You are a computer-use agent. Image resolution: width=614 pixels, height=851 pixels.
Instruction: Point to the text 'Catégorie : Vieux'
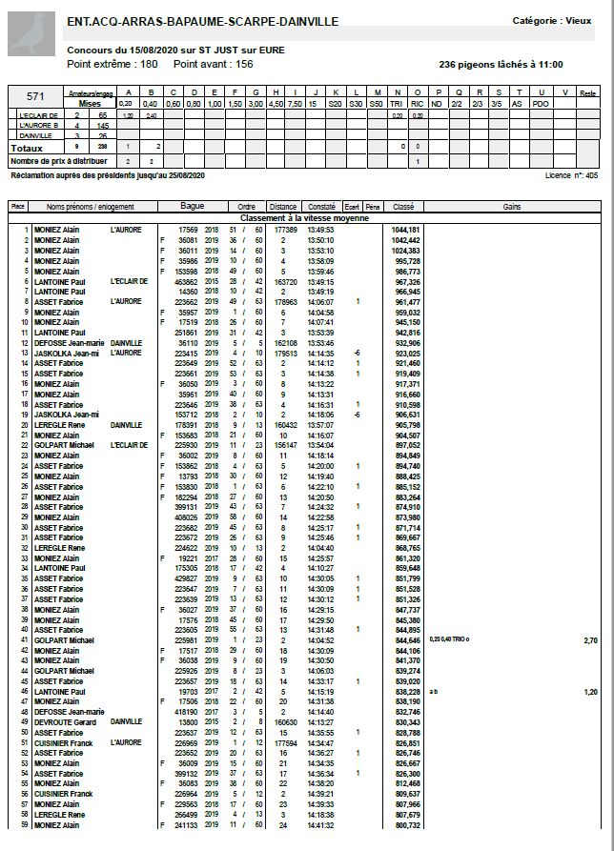coord(552,20)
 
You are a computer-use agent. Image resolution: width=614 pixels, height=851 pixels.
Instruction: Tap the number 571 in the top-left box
coord(35,96)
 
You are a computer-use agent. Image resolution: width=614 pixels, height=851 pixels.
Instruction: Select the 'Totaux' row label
coord(28,149)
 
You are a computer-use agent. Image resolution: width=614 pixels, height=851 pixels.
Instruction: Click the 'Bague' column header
coord(192,206)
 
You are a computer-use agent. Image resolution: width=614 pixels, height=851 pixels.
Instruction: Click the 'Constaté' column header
coord(321,206)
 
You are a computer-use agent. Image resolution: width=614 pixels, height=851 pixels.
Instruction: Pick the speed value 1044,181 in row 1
coord(406,230)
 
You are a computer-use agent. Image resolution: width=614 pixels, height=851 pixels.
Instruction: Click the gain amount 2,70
coord(590,640)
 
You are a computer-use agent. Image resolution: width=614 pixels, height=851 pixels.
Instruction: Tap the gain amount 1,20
coord(590,692)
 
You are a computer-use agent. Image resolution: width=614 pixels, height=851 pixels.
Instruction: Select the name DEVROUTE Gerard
coord(64,723)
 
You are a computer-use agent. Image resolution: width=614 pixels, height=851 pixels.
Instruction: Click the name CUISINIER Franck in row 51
coord(63,742)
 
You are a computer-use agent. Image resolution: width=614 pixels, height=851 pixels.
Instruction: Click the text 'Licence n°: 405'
coord(571,176)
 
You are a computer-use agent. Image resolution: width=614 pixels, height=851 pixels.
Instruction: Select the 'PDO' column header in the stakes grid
coord(541,103)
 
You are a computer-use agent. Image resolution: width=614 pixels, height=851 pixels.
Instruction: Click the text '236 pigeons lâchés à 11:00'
coord(501,64)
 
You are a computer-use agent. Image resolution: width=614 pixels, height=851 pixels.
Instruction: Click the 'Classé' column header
coord(403,206)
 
